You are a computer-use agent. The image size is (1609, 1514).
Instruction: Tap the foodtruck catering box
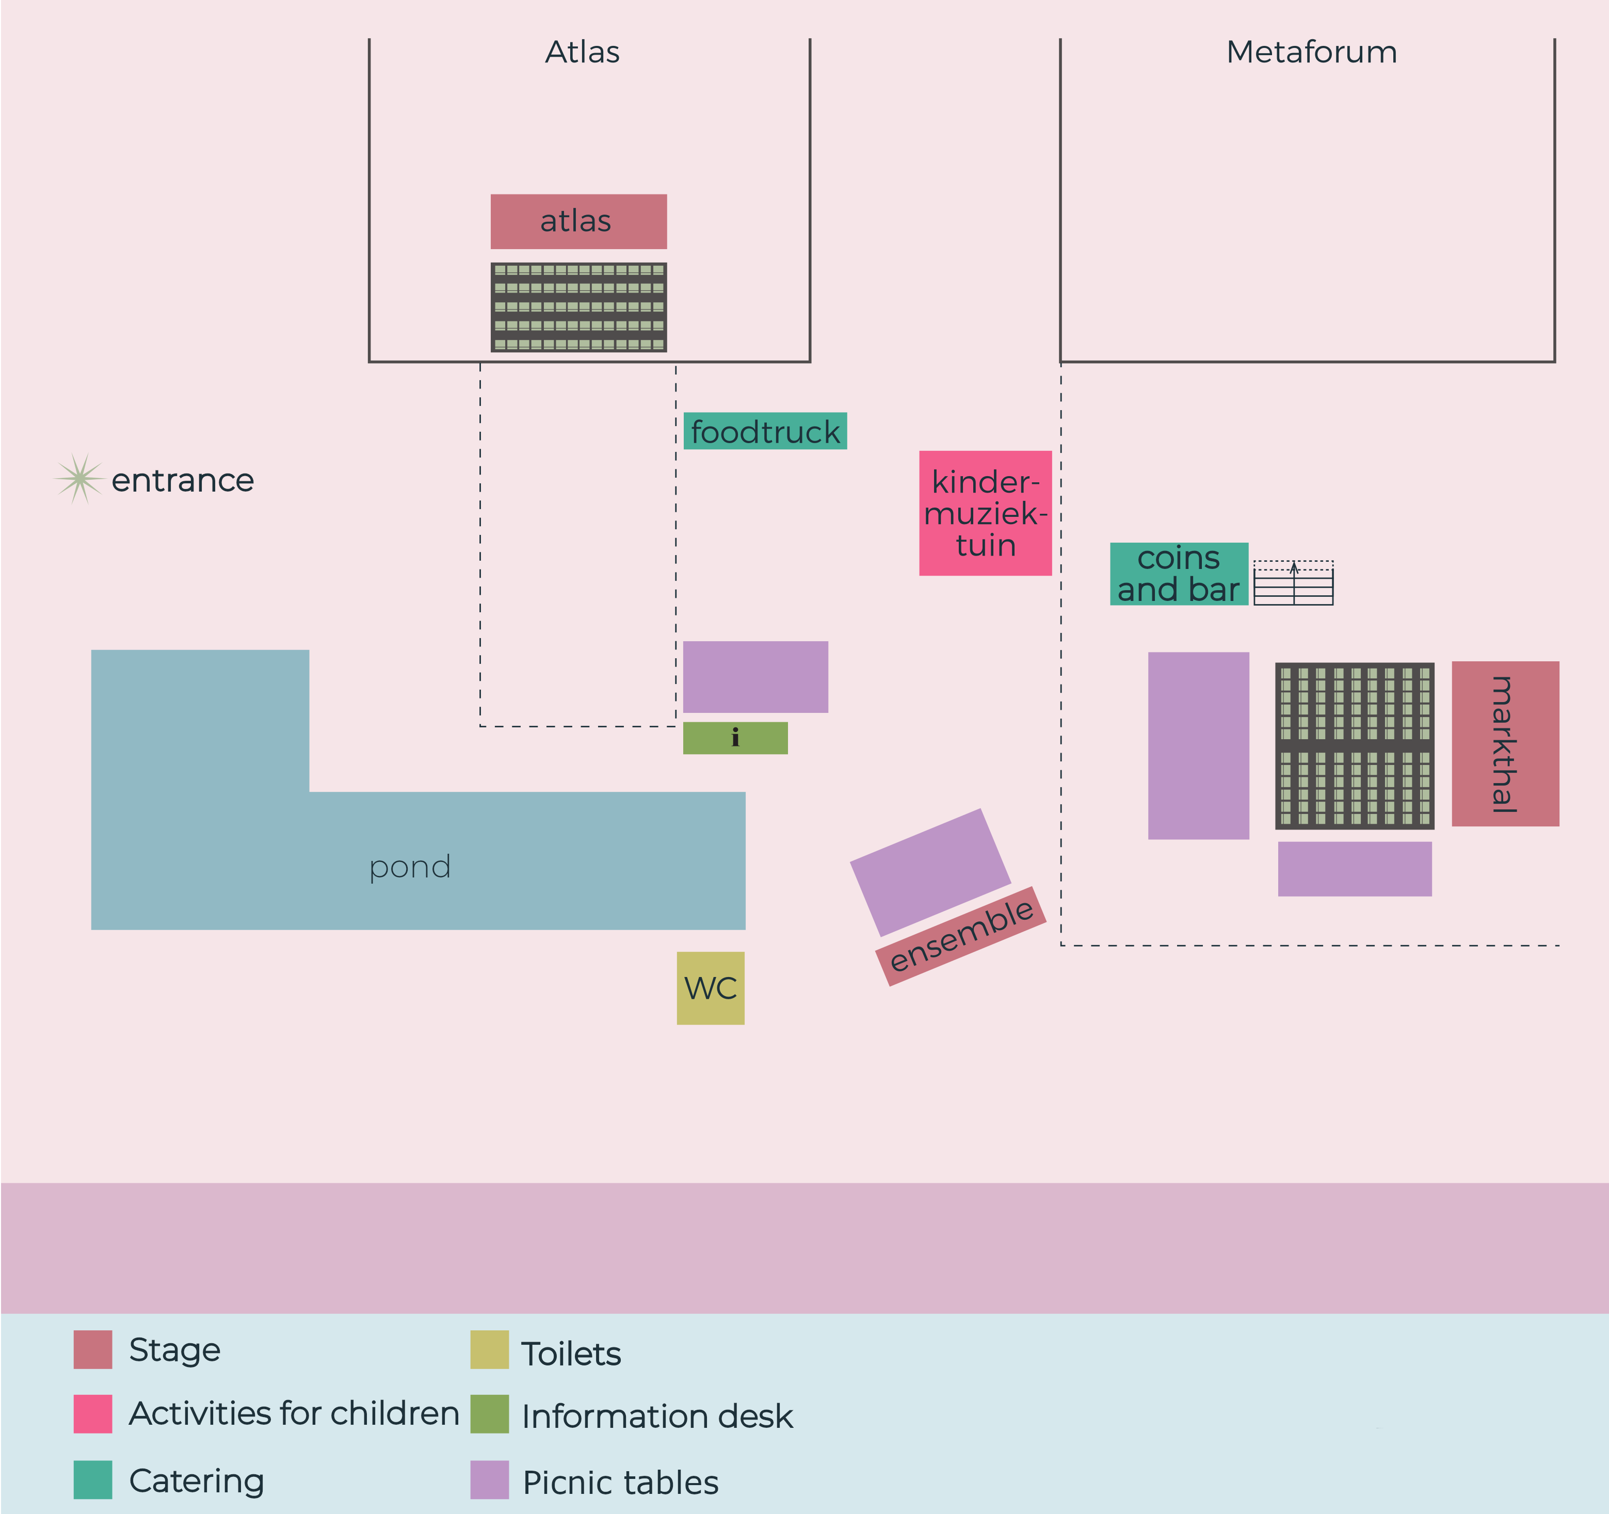pyautogui.click(x=766, y=431)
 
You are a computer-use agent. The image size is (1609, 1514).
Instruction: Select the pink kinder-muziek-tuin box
pyautogui.click(x=985, y=513)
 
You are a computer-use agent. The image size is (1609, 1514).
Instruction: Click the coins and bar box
pyautogui.click(x=1179, y=574)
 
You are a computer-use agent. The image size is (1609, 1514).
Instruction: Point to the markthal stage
pyautogui.click(x=1505, y=744)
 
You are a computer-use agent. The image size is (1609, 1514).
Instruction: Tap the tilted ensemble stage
pyautogui.click(x=961, y=936)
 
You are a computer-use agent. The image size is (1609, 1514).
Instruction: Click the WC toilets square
pyautogui.click(x=711, y=988)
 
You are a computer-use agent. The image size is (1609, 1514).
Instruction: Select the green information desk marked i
pyautogui.click(x=735, y=738)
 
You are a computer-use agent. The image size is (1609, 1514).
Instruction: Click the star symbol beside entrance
pyautogui.click(x=79, y=479)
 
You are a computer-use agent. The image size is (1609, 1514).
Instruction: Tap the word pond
pyautogui.click(x=410, y=868)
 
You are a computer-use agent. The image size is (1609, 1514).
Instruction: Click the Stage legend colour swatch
pyautogui.click(x=93, y=1350)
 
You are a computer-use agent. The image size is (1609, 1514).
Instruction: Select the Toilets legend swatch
pyautogui.click(x=490, y=1350)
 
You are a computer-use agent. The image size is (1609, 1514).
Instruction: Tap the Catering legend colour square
pyautogui.click(x=93, y=1479)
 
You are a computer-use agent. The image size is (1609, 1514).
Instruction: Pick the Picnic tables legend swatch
pyautogui.click(x=490, y=1479)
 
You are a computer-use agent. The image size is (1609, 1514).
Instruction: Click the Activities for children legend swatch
pyautogui.click(x=93, y=1413)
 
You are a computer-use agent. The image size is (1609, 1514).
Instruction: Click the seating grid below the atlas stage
pyautogui.click(x=578, y=307)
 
